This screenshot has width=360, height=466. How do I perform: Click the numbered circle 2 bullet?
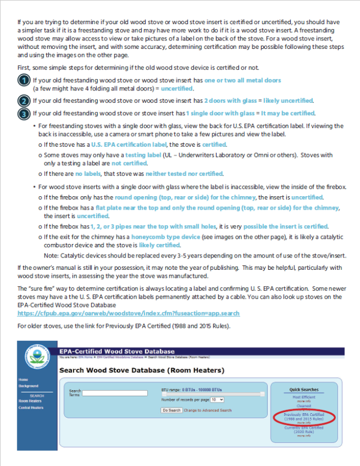(x=24, y=101)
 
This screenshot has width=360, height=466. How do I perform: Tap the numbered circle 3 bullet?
(x=24, y=114)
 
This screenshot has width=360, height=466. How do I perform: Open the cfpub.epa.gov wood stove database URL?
(x=128, y=313)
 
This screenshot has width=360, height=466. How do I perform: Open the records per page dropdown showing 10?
(x=217, y=399)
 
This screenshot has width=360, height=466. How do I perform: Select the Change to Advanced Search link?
(x=208, y=410)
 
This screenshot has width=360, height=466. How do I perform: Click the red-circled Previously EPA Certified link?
(x=304, y=416)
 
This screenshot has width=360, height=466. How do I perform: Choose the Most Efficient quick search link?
(x=304, y=397)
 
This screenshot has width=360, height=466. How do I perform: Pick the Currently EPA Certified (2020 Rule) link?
(x=304, y=429)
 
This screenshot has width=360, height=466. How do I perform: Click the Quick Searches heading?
(x=304, y=390)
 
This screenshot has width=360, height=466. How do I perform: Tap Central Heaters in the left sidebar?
(x=31, y=408)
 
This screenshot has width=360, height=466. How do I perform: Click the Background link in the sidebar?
(x=28, y=386)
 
